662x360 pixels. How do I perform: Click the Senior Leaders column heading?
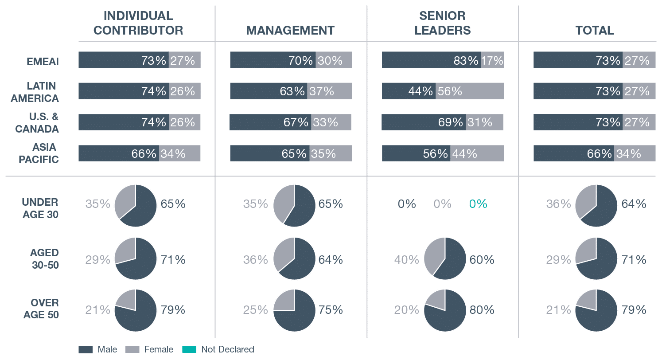(x=442, y=23)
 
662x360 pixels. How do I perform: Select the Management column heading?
(x=290, y=30)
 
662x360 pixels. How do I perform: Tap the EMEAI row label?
(x=43, y=61)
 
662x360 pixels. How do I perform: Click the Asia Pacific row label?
(x=39, y=153)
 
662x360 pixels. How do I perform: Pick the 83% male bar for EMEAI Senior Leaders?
(x=431, y=60)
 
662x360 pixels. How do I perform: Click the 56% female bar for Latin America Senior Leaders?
(x=470, y=91)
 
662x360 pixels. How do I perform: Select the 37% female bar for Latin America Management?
(x=330, y=91)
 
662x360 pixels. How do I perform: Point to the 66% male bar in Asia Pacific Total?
(x=573, y=153)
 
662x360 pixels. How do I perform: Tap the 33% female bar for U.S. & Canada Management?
(x=331, y=122)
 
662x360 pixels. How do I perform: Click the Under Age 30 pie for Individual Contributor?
(x=136, y=206)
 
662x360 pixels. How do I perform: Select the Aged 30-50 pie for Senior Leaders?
(x=445, y=259)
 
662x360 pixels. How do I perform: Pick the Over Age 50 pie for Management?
(x=294, y=310)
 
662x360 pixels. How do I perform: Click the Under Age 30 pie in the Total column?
(x=596, y=206)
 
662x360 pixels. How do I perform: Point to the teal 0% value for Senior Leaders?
(x=478, y=204)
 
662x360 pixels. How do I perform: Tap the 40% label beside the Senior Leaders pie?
(x=406, y=259)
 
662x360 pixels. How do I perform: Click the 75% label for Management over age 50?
(x=331, y=310)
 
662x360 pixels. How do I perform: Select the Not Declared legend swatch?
(x=189, y=349)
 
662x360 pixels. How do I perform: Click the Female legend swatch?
(x=133, y=349)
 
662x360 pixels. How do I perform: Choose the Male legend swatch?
(x=86, y=349)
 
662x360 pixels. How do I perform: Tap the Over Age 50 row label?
(x=44, y=309)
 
